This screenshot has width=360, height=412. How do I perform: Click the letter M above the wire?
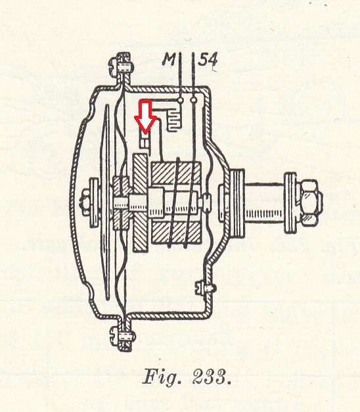click(169, 59)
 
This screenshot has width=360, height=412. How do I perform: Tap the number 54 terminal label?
click(208, 59)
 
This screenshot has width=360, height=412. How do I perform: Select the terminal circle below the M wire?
click(181, 100)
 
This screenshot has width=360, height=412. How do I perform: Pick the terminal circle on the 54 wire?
click(194, 100)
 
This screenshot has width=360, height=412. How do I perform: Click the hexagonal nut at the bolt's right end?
click(310, 202)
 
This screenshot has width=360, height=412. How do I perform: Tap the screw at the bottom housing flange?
click(122, 336)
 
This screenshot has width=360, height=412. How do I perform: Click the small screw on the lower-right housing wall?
click(206, 288)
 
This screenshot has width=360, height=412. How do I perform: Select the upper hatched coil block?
click(176, 173)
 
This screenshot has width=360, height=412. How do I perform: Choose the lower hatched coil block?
click(176, 233)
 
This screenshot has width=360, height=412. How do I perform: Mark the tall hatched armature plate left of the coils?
click(140, 203)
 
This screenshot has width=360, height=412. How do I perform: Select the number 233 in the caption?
click(210, 377)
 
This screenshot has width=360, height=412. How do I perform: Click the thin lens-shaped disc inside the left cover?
click(106, 202)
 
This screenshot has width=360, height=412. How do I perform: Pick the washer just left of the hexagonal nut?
click(290, 202)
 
